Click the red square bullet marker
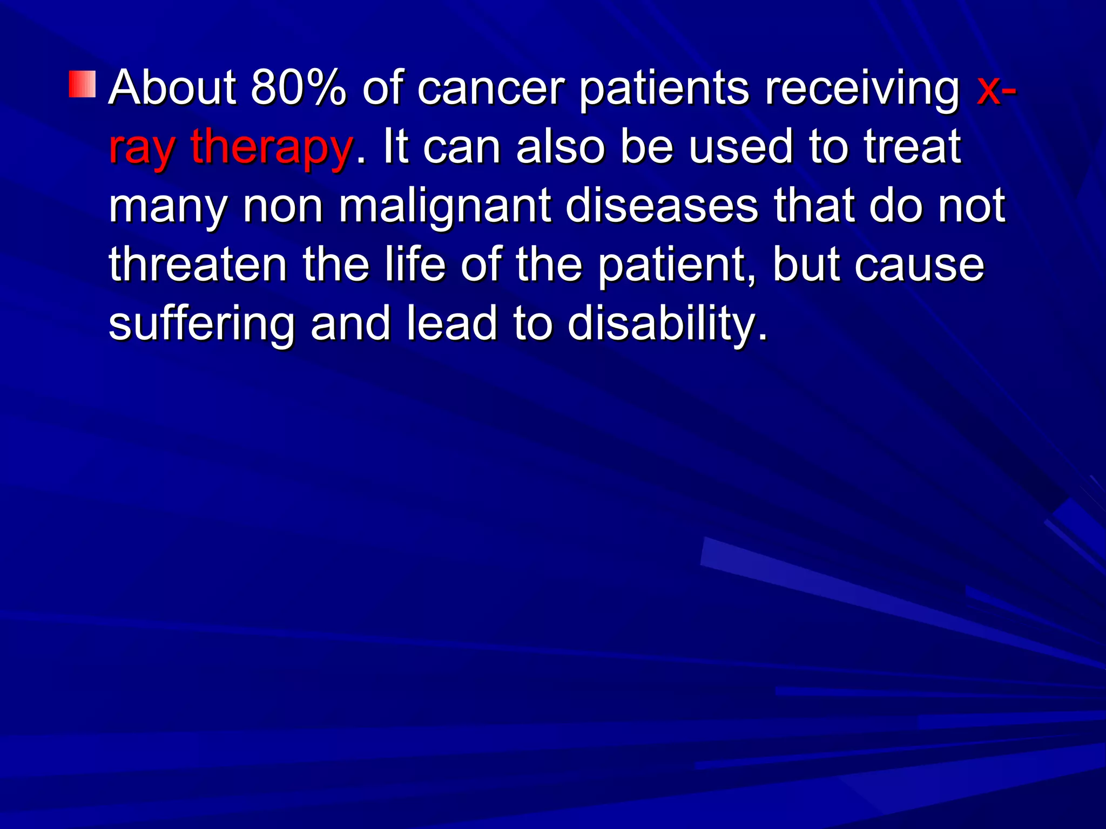point(82,84)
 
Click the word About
point(172,87)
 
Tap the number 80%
point(298,87)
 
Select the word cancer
point(491,89)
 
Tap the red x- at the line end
point(996,89)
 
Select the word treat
point(912,147)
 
